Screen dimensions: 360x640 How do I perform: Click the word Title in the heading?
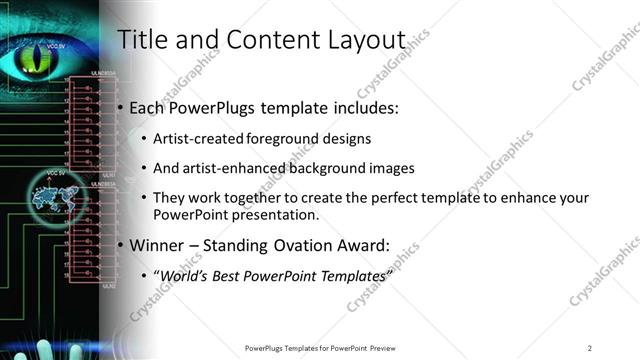click(x=140, y=40)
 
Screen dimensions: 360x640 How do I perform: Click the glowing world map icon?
click(x=52, y=199)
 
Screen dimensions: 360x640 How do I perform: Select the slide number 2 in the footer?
click(x=590, y=347)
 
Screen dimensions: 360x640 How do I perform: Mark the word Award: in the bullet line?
click(x=363, y=244)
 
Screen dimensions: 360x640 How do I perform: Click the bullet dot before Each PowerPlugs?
click(x=121, y=107)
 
